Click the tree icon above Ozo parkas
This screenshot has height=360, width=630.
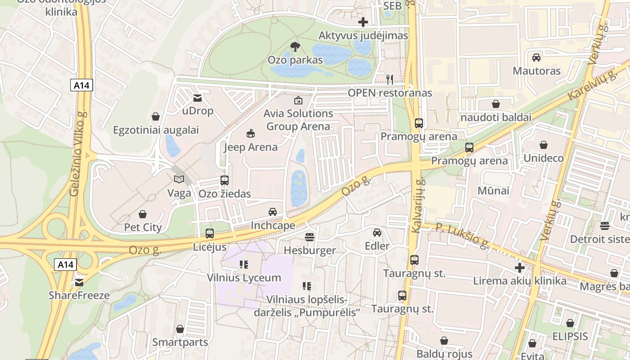pos(295,46)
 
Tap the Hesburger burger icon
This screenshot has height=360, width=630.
pos(310,237)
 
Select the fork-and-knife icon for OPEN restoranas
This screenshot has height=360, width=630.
pos(390,79)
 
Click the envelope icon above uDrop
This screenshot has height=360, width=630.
pos(197,98)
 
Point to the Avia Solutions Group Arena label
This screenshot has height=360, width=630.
pos(298,120)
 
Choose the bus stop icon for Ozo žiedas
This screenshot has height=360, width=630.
pos(224,180)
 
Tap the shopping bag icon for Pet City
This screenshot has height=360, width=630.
pos(143,214)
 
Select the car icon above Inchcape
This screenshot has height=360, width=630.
pos(273,212)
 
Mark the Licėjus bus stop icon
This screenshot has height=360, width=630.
pos(210,234)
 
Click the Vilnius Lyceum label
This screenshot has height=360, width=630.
pos(244,278)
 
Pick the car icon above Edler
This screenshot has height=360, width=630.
pos(377,233)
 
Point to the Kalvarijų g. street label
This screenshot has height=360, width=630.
pos(417,206)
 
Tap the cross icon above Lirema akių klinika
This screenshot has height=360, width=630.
pos(520,268)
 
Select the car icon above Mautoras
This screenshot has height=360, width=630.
pos(536,58)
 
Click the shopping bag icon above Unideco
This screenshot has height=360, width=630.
pos(544,145)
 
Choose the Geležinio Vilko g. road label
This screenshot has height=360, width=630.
pos(78,153)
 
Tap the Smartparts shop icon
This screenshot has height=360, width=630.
pos(180,329)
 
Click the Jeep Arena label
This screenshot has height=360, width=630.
pos(251,147)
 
